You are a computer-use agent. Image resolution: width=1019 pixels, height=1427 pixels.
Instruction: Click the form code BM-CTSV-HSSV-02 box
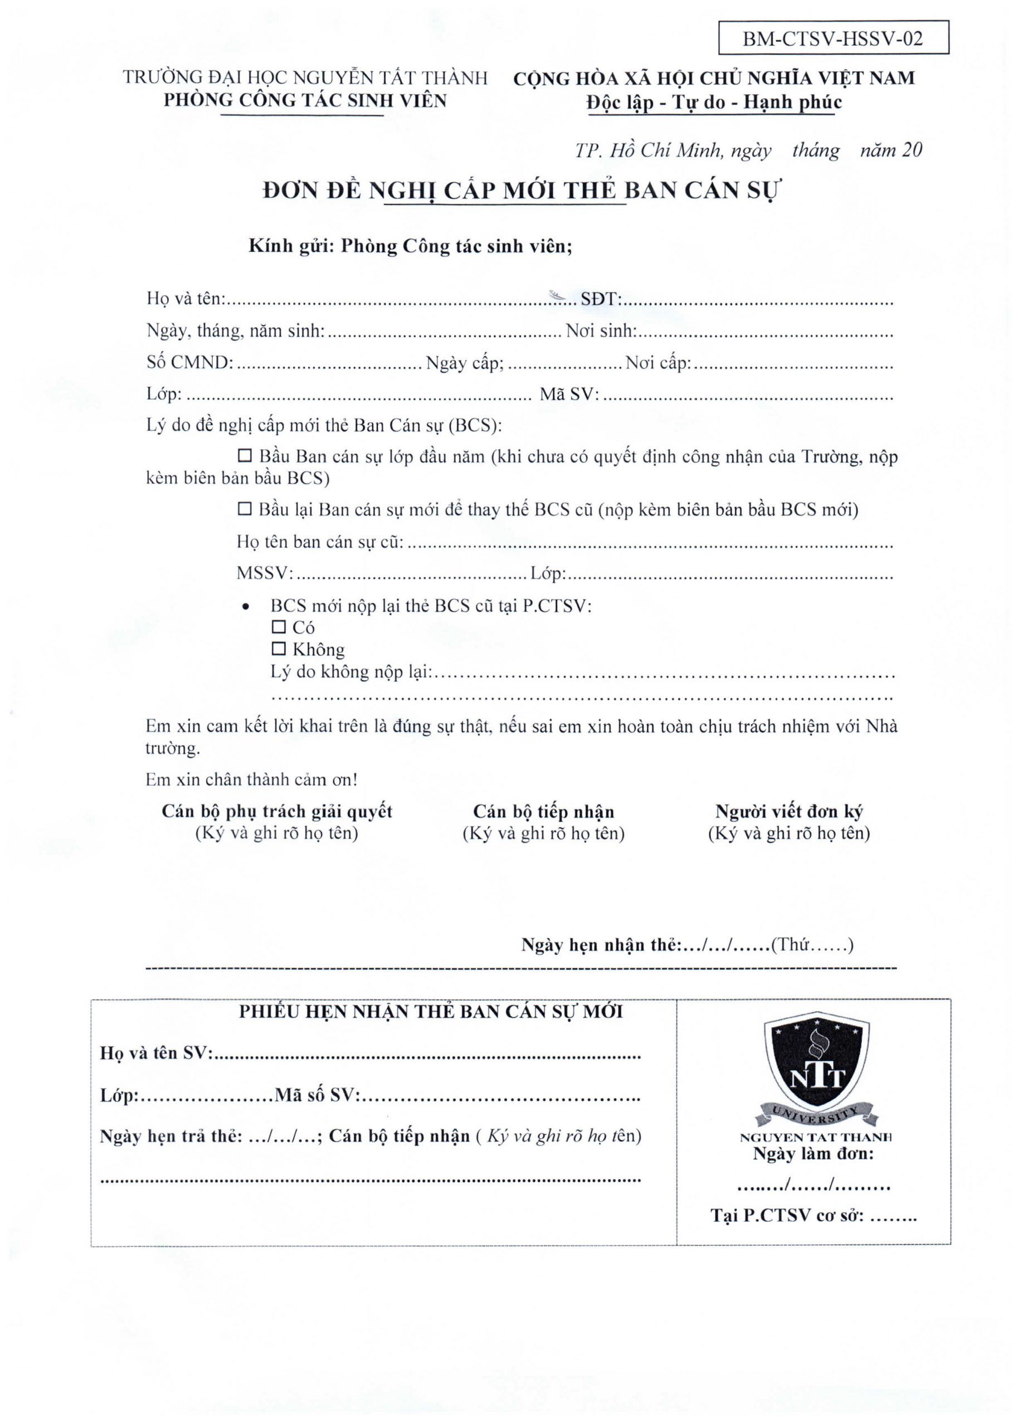click(x=833, y=38)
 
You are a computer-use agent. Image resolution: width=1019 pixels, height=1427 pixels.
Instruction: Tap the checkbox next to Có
click(x=278, y=627)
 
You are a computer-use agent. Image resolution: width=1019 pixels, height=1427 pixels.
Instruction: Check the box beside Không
click(x=278, y=648)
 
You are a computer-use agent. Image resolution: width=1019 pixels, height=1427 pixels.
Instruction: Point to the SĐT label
click(x=600, y=299)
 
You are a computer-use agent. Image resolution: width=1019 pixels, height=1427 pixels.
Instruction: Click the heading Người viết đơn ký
click(x=789, y=812)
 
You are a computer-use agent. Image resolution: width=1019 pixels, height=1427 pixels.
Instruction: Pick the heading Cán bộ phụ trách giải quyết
click(x=277, y=812)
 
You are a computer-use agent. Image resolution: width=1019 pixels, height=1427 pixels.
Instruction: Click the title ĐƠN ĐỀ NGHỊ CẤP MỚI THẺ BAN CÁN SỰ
click(x=520, y=190)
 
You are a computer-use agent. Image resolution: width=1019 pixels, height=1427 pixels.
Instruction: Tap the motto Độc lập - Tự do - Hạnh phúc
click(x=714, y=103)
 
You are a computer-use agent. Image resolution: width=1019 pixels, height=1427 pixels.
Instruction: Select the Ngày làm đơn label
click(x=813, y=1154)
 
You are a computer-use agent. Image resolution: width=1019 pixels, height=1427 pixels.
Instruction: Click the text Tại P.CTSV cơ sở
click(x=787, y=1215)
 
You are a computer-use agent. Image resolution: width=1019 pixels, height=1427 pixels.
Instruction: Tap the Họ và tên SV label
click(x=155, y=1053)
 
